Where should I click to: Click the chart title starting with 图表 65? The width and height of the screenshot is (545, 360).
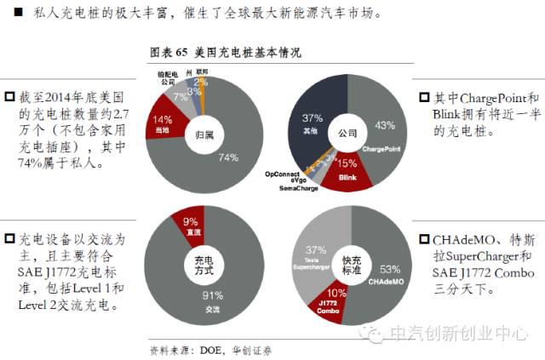point(224,53)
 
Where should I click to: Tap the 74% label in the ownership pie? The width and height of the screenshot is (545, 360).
point(227,157)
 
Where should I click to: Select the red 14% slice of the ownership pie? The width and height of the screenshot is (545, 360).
point(162,123)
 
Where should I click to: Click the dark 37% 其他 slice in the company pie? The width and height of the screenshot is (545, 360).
point(312,119)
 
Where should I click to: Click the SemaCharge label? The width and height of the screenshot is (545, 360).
point(301,187)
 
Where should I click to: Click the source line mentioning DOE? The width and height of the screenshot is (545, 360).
point(210,349)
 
